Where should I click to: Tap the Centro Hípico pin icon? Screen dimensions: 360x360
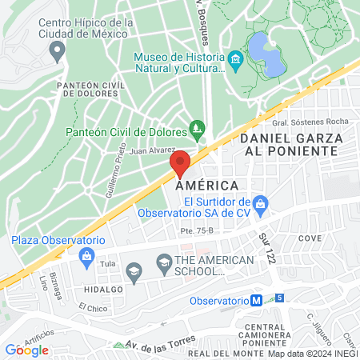(56, 52)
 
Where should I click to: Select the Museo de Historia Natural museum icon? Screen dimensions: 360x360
(235, 61)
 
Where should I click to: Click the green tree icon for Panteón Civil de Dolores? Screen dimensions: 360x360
(197, 128)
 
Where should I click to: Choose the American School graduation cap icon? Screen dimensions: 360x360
(163, 262)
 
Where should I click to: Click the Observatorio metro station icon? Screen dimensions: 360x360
(256, 301)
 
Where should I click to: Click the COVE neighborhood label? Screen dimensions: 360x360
(310, 238)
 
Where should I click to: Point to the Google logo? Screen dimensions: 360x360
(26, 350)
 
